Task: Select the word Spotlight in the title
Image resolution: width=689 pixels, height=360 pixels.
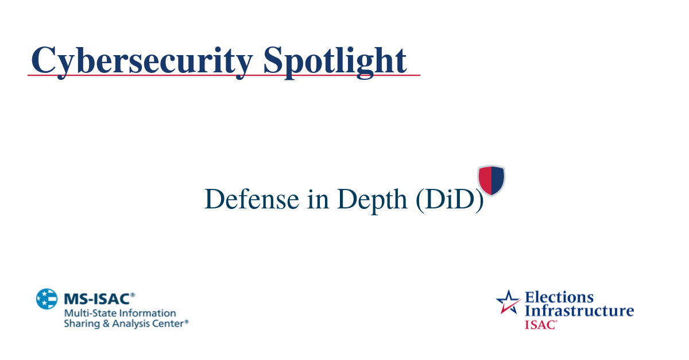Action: (335, 60)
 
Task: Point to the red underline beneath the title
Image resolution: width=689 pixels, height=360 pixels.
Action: (224, 75)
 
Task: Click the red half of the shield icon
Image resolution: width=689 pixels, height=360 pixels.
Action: (485, 179)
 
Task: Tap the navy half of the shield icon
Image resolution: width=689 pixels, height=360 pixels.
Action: (497, 179)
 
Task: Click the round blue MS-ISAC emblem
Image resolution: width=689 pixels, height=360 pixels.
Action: (47, 299)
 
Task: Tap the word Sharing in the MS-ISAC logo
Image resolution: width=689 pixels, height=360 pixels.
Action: (79, 324)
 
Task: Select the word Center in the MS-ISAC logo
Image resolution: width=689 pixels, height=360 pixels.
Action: (167, 324)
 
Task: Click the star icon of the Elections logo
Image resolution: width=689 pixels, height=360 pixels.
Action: (508, 302)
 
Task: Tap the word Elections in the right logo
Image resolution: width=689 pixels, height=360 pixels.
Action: (559, 297)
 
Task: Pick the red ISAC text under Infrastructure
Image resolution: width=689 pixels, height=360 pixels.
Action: (540, 324)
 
